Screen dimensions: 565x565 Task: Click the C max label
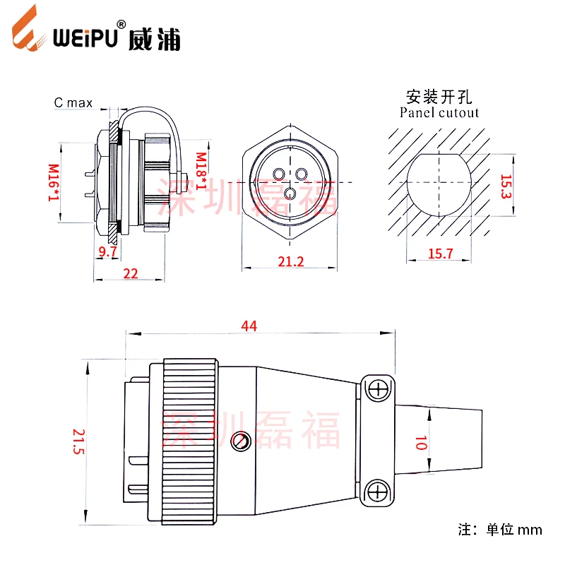coord(73,103)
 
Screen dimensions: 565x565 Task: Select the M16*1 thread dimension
coord(53,183)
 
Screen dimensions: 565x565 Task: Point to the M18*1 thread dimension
coord(201,172)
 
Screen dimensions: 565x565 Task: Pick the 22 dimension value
coord(130,273)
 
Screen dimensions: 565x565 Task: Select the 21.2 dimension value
coord(290,261)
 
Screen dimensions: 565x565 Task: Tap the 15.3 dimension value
coord(505,185)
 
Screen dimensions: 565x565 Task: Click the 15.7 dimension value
coord(440,253)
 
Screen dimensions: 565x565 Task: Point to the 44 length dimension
coord(249,326)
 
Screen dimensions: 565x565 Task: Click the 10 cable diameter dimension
coord(420,444)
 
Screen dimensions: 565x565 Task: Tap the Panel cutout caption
coord(439,112)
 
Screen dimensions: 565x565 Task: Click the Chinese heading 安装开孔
coord(439,96)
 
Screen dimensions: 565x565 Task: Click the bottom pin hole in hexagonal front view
coord(289,193)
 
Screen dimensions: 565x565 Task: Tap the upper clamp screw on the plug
coord(380,388)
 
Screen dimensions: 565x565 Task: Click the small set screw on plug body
coord(242,441)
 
